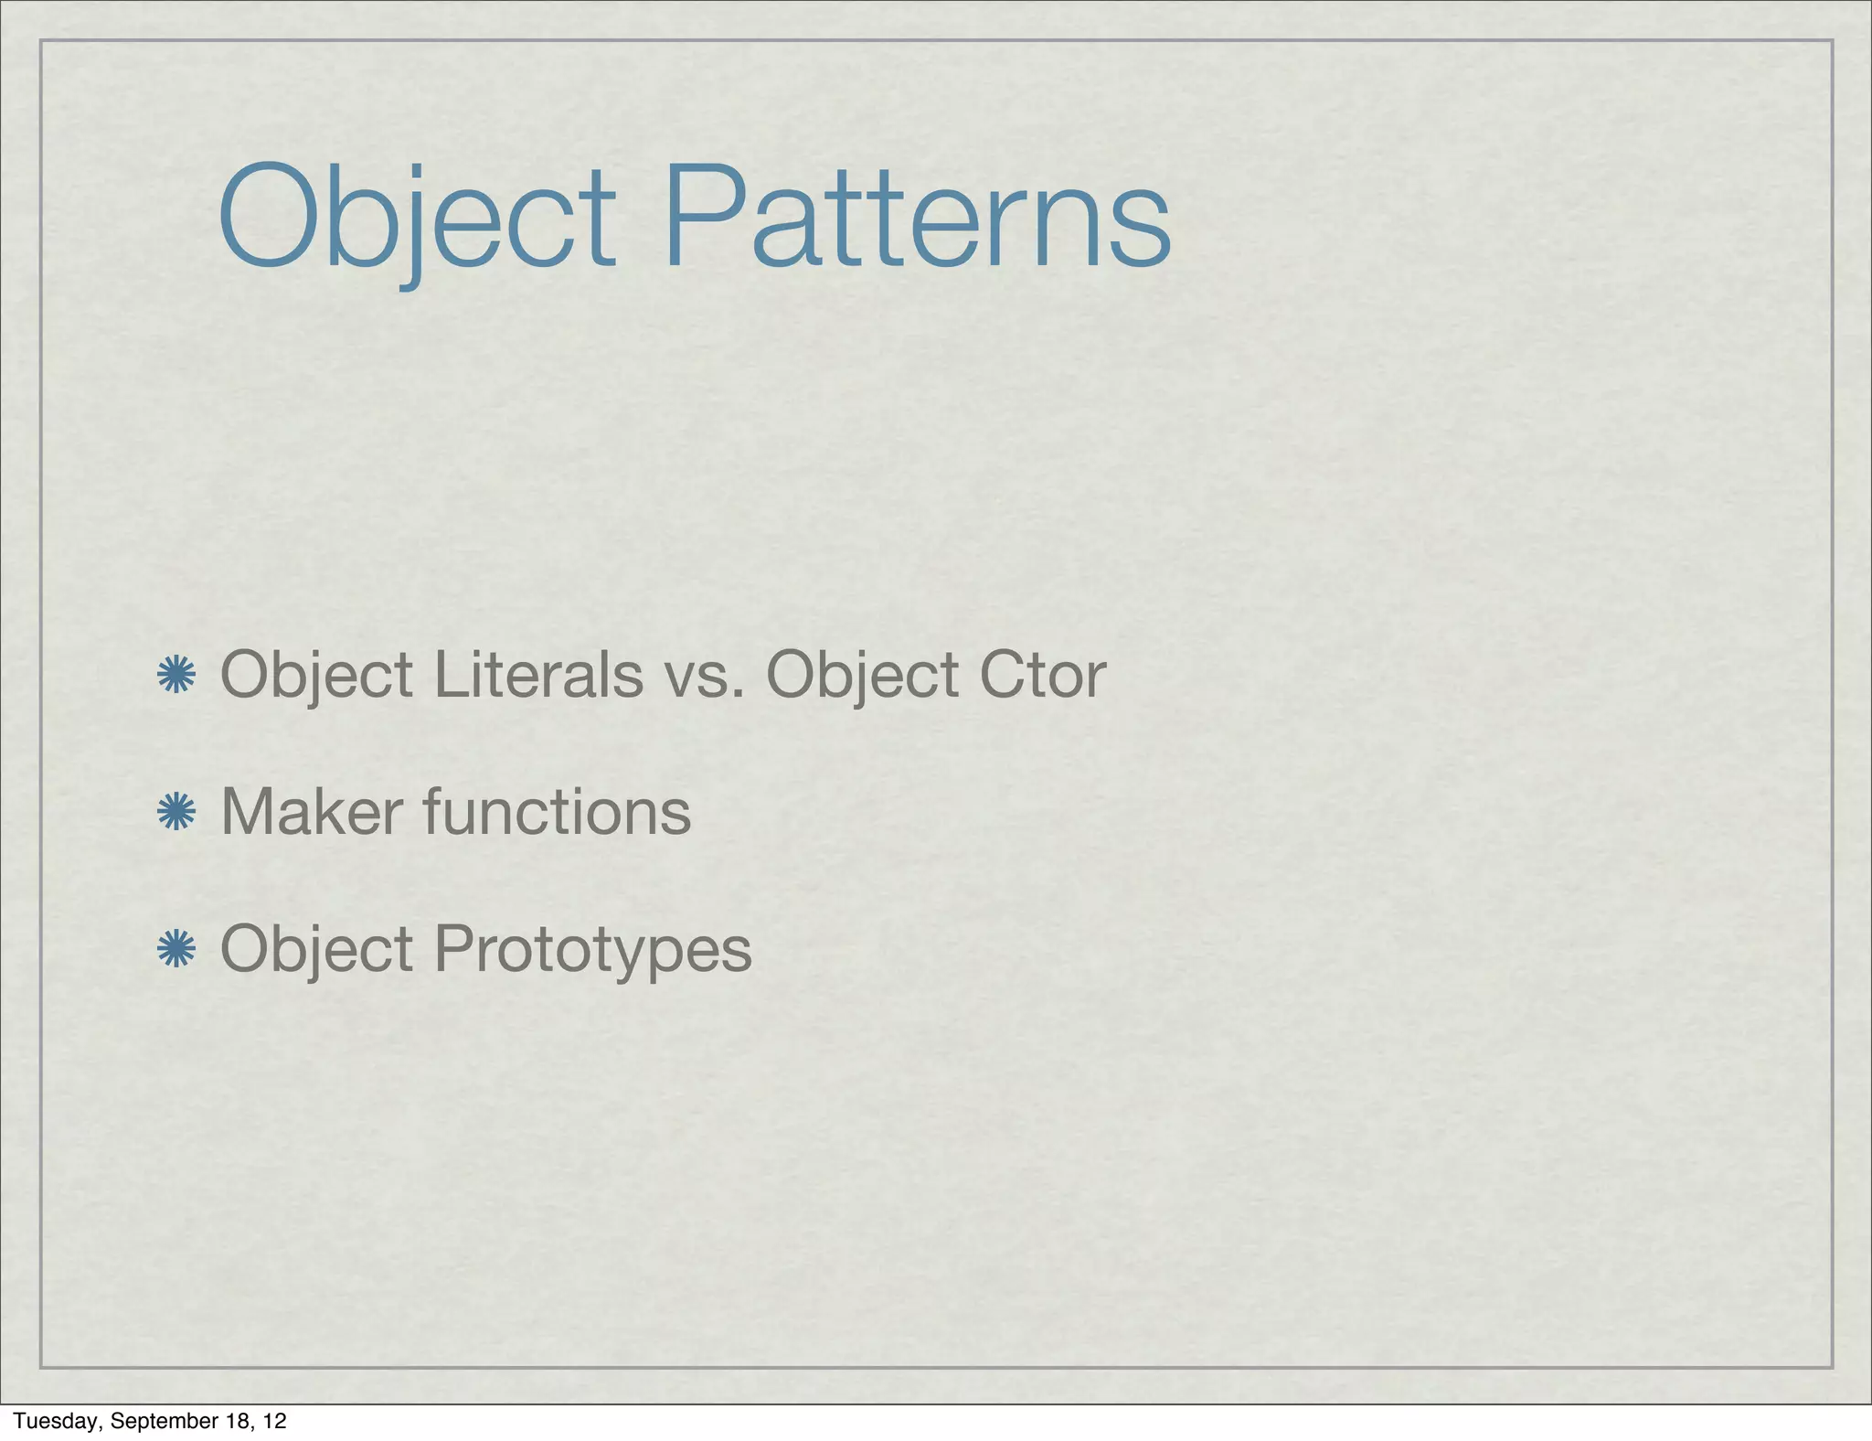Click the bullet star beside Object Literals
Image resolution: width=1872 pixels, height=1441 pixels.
pyautogui.click(x=176, y=676)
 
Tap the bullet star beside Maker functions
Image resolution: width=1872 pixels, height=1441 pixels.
pyautogui.click(x=176, y=813)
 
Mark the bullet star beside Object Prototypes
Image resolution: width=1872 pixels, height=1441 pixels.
pyautogui.click(x=176, y=950)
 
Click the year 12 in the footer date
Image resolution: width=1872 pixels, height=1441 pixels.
pyautogui.click(x=273, y=1421)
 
